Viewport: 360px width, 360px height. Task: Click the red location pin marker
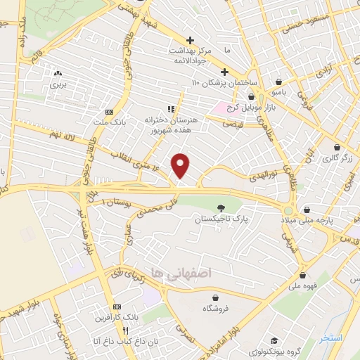click(181, 166)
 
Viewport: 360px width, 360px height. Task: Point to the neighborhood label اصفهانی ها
click(179, 271)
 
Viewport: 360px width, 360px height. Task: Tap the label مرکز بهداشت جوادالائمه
click(190, 54)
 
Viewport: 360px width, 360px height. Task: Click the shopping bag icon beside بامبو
click(281, 82)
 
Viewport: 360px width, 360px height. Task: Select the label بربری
click(57, 84)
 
